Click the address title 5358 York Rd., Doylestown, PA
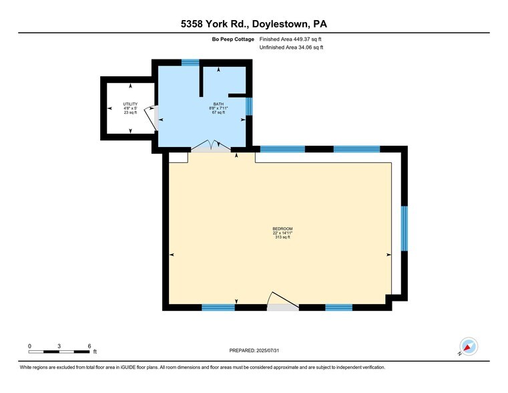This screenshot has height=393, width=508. (x=254, y=25)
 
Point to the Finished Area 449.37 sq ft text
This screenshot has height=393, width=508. (x=291, y=39)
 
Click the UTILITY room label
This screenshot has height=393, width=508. (x=130, y=104)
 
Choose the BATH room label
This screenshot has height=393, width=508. (x=218, y=104)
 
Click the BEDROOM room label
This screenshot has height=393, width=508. (x=282, y=229)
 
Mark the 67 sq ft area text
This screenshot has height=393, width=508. (x=218, y=112)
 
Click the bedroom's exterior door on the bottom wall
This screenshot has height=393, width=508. (x=282, y=304)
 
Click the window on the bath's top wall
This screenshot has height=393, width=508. (x=190, y=63)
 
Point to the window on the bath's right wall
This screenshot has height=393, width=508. (x=249, y=106)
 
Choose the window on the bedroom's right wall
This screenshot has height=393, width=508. (x=404, y=229)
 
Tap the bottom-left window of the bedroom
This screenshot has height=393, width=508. (x=218, y=307)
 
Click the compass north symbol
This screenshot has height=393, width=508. (x=468, y=347)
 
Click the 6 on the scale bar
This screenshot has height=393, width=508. (x=89, y=346)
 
